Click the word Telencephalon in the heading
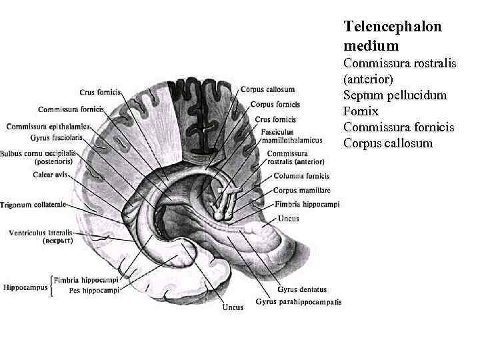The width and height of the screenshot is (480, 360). (392, 26)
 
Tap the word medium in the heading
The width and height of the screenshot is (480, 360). (371, 45)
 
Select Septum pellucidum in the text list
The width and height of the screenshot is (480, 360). (395, 95)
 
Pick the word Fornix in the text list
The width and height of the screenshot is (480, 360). (360, 111)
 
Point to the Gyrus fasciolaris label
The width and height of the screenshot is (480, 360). (56, 137)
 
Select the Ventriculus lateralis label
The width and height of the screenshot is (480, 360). (41, 233)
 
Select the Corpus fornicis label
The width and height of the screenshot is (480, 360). (275, 105)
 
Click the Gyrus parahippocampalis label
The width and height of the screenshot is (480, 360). (298, 302)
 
